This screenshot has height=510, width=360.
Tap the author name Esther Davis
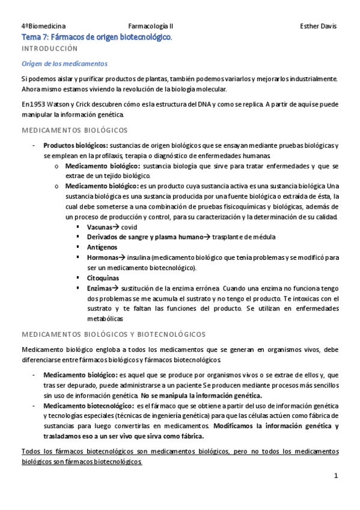click(x=318, y=26)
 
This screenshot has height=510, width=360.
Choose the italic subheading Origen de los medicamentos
click(x=64, y=64)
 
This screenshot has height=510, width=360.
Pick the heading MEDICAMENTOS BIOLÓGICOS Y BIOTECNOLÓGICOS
click(x=113, y=334)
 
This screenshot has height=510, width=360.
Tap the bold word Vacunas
click(x=99, y=228)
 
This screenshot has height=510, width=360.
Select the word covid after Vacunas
click(x=129, y=228)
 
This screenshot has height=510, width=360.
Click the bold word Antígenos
click(x=102, y=247)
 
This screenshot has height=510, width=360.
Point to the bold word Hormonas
click(x=102, y=257)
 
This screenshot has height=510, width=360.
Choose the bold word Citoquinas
click(x=103, y=278)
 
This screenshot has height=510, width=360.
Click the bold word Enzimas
click(x=100, y=288)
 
